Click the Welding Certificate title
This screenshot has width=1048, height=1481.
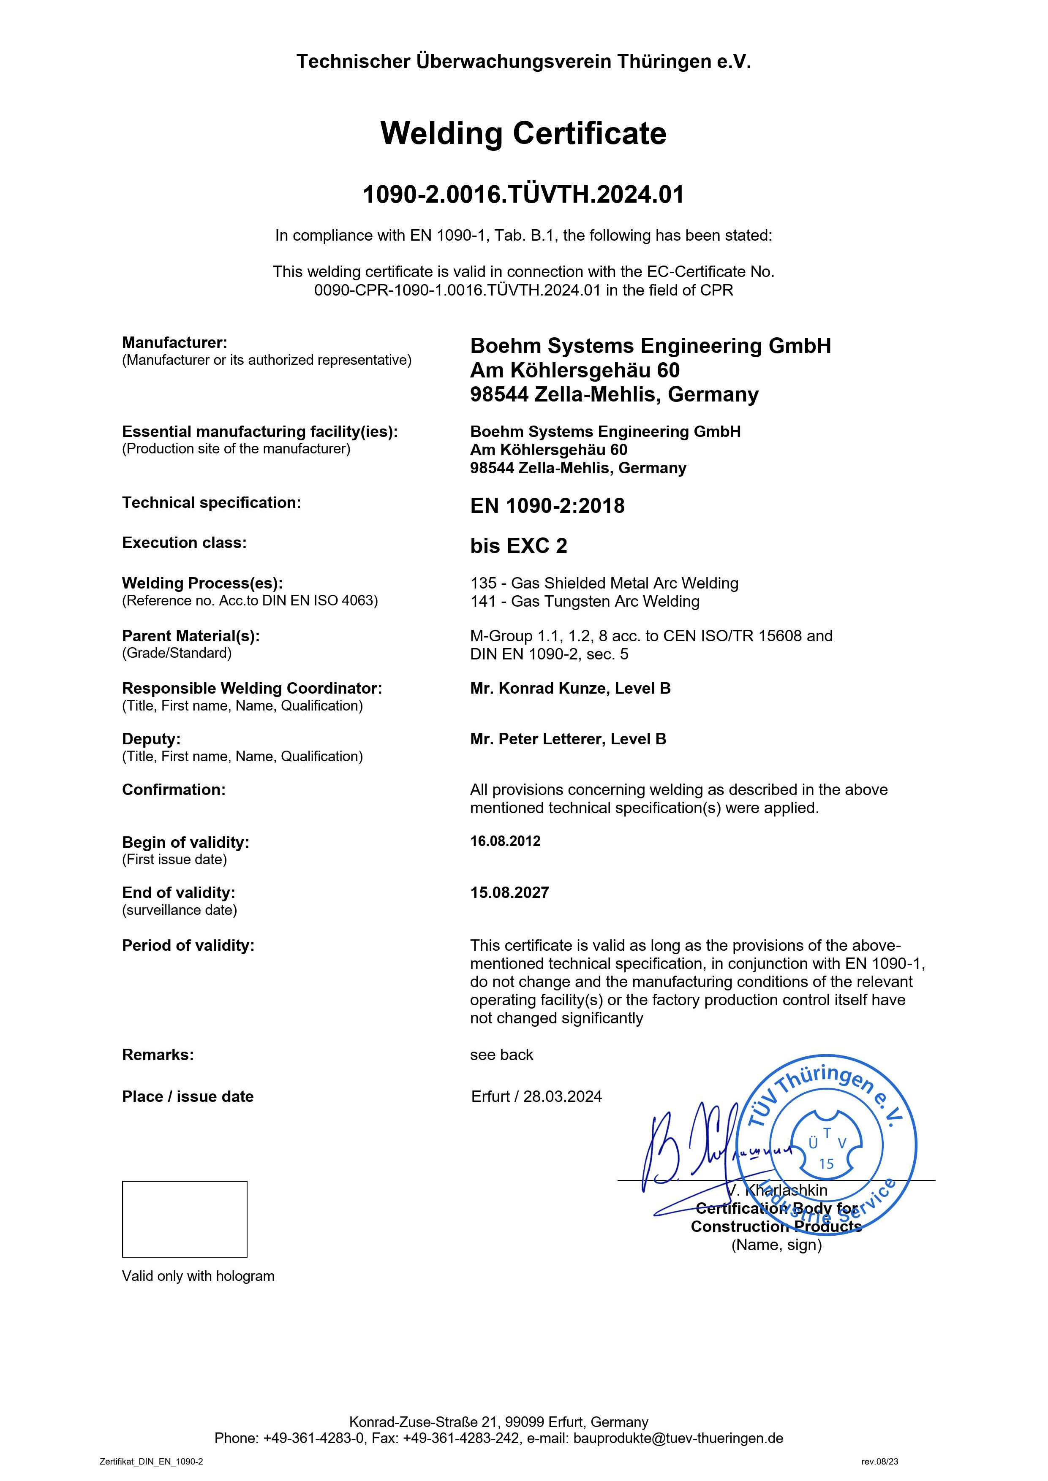click(523, 133)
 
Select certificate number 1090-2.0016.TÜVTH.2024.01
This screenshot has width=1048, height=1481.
click(523, 194)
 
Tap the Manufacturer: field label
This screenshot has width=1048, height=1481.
click(174, 342)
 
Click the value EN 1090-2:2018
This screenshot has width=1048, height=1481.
click(547, 506)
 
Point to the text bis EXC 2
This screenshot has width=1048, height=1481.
click(518, 546)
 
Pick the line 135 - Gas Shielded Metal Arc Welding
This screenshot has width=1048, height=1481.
click(604, 583)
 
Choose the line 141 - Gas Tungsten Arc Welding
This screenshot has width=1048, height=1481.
click(585, 601)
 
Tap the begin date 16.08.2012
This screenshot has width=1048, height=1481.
click(505, 841)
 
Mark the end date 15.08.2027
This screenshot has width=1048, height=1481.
click(509, 893)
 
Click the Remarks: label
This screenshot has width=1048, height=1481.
click(158, 1055)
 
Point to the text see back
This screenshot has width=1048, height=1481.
click(501, 1055)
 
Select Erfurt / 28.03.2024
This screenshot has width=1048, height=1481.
click(536, 1096)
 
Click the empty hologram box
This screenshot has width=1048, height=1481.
click(185, 1219)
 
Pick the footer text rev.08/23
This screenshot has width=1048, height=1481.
click(879, 1461)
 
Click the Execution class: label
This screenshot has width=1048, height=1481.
click(184, 542)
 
